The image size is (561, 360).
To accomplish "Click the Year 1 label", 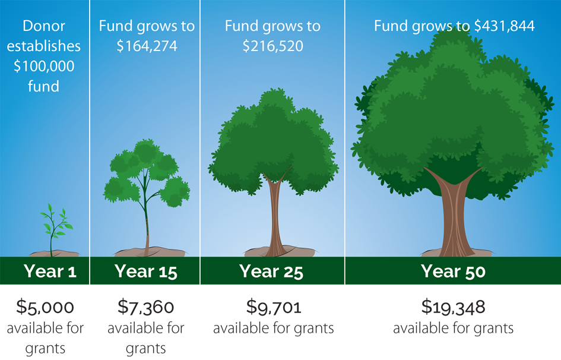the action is (x=50, y=271).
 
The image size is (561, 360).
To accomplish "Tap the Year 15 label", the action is (x=146, y=271).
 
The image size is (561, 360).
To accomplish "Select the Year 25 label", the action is (x=271, y=271).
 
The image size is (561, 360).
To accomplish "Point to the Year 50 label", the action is (x=453, y=271).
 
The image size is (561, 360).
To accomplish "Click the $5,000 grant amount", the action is (x=45, y=307).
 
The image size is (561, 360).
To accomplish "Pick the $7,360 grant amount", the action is (x=146, y=307).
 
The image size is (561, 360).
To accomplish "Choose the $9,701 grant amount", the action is (x=274, y=307).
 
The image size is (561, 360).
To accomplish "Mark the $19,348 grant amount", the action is (x=454, y=307).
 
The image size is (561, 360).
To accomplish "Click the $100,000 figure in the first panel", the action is (x=44, y=66).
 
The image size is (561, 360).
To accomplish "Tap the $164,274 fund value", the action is (x=147, y=46).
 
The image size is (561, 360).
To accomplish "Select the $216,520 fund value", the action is (x=273, y=46).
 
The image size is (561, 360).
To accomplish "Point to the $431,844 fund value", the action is (x=505, y=26).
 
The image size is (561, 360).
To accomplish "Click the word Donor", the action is (x=44, y=26).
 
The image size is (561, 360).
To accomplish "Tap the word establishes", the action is (x=44, y=46).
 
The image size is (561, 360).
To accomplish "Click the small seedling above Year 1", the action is (x=55, y=229).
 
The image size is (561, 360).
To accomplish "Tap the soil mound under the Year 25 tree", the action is (x=279, y=251).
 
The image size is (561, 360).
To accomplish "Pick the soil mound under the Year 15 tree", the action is (x=150, y=251).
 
